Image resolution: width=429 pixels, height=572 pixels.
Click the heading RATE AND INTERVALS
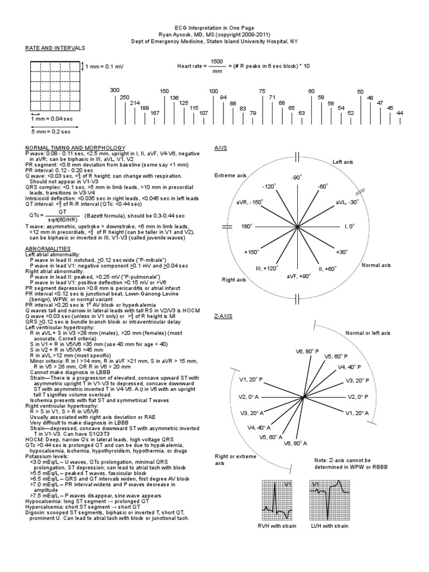point(55,49)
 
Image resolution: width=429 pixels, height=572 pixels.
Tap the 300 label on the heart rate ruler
point(115,90)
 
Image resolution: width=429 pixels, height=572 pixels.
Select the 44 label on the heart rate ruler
point(399,113)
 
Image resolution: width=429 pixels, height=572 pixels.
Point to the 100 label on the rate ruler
point(213,90)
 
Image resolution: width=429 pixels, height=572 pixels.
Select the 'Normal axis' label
point(375,265)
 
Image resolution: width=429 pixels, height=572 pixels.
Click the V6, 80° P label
point(307,351)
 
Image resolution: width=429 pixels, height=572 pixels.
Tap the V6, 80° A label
point(296,443)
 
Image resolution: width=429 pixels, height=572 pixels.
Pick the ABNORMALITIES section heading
point(48,247)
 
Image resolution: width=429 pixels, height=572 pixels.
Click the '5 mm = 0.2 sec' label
point(50,131)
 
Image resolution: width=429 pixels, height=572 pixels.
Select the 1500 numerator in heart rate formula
point(217,61)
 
